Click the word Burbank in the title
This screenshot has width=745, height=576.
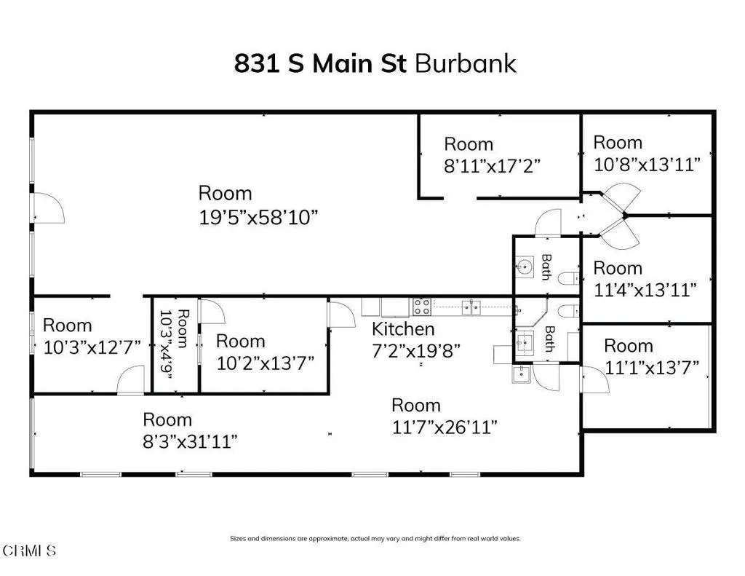pyautogui.click(x=466, y=63)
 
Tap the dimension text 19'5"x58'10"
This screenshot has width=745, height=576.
pyautogui.click(x=258, y=216)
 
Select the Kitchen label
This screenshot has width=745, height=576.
pyautogui.click(x=403, y=328)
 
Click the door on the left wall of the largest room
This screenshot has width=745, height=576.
pyautogui.click(x=48, y=208)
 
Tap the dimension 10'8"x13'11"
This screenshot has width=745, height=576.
pyautogui.click(x=647, y=164)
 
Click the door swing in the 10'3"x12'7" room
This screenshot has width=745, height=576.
pyautogui.click(x=132, y=381)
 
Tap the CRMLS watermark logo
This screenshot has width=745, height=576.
pyautogui.click(x=29, y=550)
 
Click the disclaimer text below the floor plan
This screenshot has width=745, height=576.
pyautogui.click(x=375, y=539)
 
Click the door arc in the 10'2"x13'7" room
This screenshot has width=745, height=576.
pyautogui.click(x=212, y=312)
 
